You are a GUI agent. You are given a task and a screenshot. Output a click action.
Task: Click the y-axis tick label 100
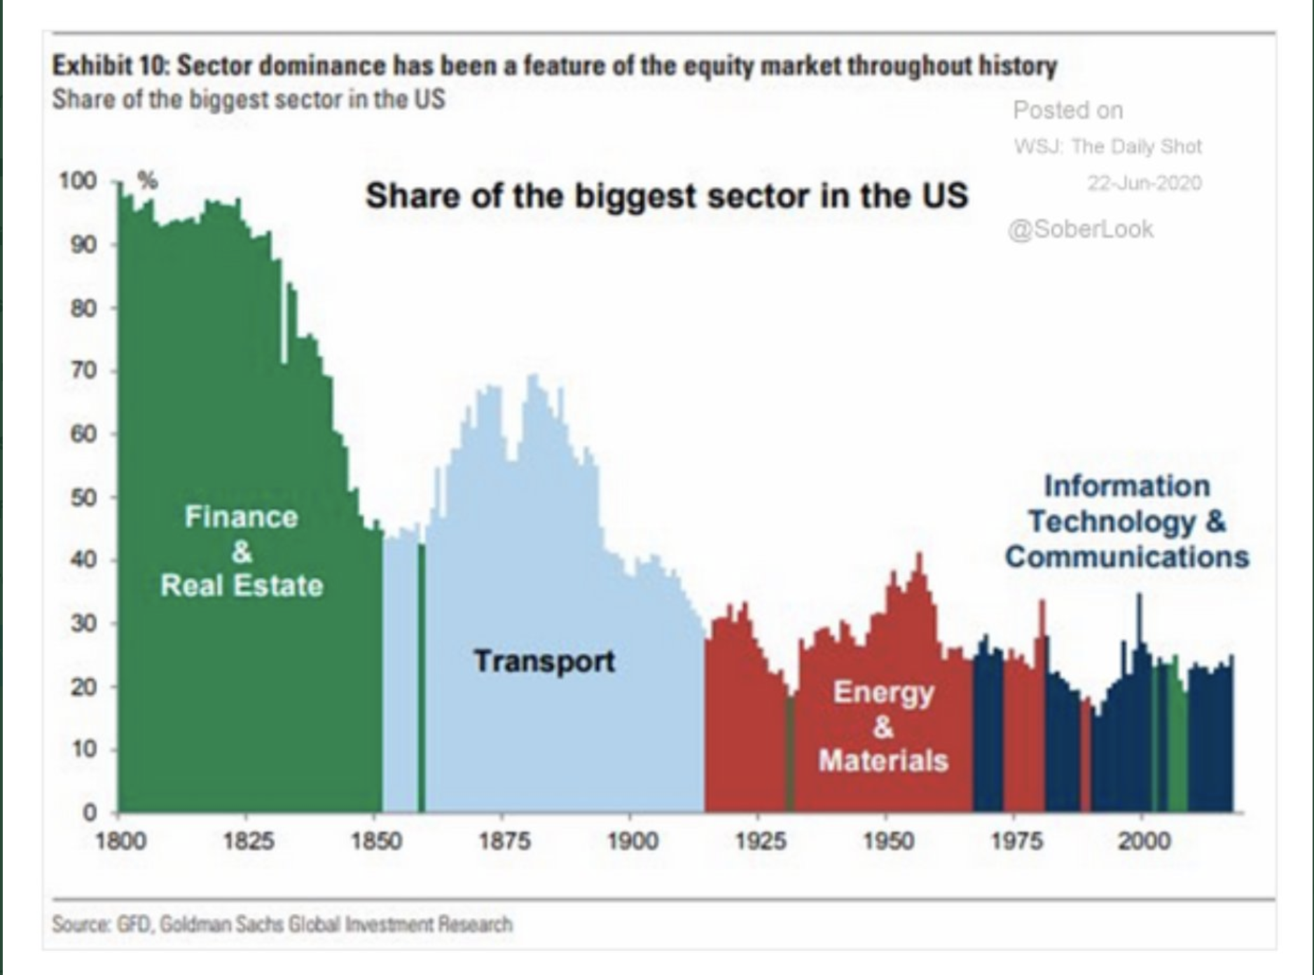pos(77,181)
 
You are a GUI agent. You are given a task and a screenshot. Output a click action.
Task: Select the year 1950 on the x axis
pos(887,840)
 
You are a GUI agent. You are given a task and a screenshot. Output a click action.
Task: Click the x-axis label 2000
pos(1143,840)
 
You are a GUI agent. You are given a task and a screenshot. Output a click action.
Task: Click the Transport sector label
pos(544,661)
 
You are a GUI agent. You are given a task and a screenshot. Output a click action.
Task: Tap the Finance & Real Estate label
pos(242,551)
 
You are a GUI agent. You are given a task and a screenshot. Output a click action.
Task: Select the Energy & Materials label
pos(883,726)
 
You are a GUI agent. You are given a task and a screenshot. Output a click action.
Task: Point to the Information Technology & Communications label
pos(1127,522)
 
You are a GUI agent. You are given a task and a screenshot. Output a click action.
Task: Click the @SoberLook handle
pos(1080,229)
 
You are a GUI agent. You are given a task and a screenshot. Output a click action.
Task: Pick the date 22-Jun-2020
pos(1144,183)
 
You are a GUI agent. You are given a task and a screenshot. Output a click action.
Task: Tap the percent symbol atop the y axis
pos(147,181)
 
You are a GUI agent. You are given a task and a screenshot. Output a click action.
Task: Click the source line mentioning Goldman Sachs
pos(282,925)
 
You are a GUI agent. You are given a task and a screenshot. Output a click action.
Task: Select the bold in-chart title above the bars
pos(666,195)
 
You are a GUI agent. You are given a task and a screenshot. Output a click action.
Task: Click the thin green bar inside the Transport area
pos(422,677)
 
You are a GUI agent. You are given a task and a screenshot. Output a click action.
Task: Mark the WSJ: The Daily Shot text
pos(1107,146)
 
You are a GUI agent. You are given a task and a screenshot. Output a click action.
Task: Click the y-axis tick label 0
pos(89,813)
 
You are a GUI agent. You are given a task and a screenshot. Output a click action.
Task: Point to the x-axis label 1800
pos(120,840)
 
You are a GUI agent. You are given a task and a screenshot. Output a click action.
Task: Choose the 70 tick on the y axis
pos(83,371)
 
